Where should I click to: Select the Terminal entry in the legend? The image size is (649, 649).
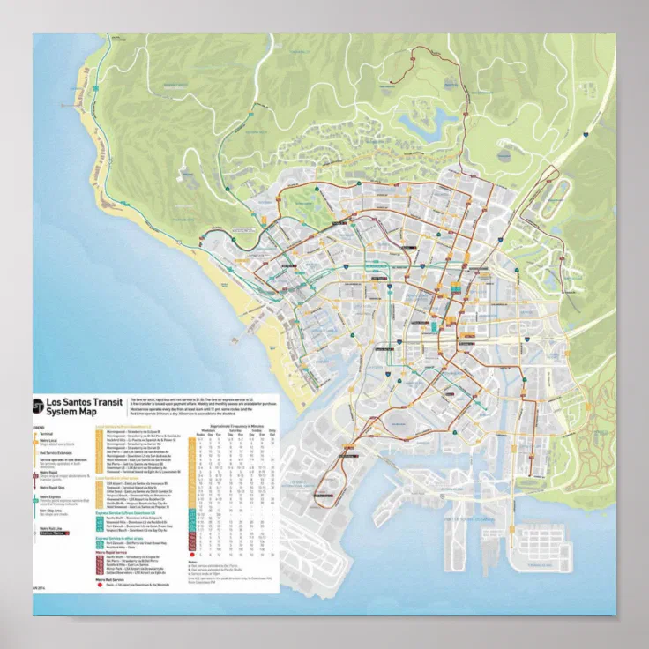coord(45,435)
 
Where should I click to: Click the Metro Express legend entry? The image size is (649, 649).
coord(51,497)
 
